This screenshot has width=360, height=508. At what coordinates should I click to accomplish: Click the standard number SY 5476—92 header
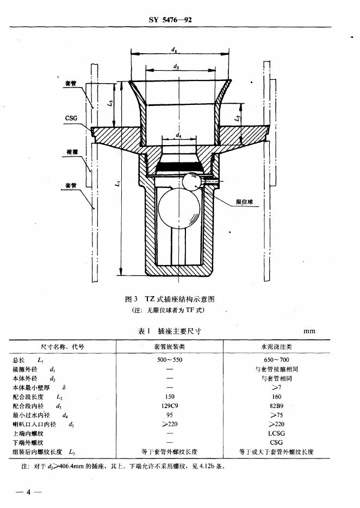(x=170, y=20)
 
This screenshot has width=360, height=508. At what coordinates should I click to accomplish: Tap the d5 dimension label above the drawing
(x=173, y=49)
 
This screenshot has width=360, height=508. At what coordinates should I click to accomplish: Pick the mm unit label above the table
(x=309, y=331)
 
